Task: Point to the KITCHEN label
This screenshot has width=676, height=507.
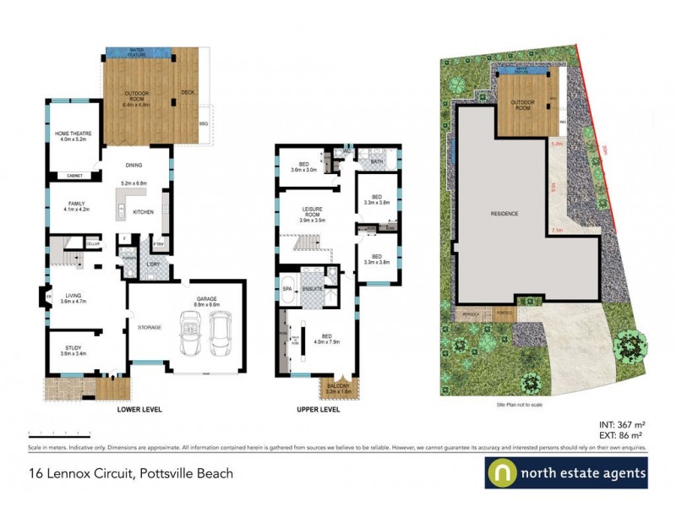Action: (143, 212)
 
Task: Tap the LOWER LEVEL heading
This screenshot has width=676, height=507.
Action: (139, 410)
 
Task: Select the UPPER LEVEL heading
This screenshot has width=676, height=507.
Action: (319, 410)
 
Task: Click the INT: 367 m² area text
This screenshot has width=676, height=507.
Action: (624, 425)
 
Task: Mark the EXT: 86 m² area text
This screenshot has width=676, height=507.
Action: (624, 436)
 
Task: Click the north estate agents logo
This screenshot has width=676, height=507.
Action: (566, 472)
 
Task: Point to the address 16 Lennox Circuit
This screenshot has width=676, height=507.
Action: (118, 473)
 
